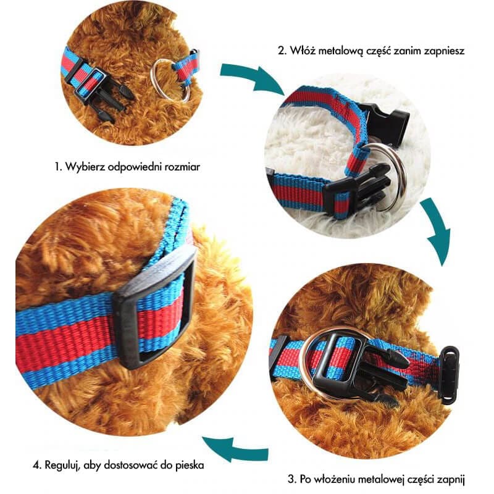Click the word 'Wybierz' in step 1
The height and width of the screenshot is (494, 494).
[x=85, y=166]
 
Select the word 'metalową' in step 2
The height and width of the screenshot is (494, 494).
[x=341, y=51]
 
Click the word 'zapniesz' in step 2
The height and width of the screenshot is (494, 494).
[x=444, y=51]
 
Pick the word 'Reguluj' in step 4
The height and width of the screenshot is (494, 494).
[x=63, y=465]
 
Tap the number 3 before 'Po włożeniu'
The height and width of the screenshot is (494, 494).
[x=291, y=480]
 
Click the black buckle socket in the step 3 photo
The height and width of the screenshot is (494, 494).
[x=450, y=375]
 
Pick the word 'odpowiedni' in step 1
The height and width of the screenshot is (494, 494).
[x=135, y=167]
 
